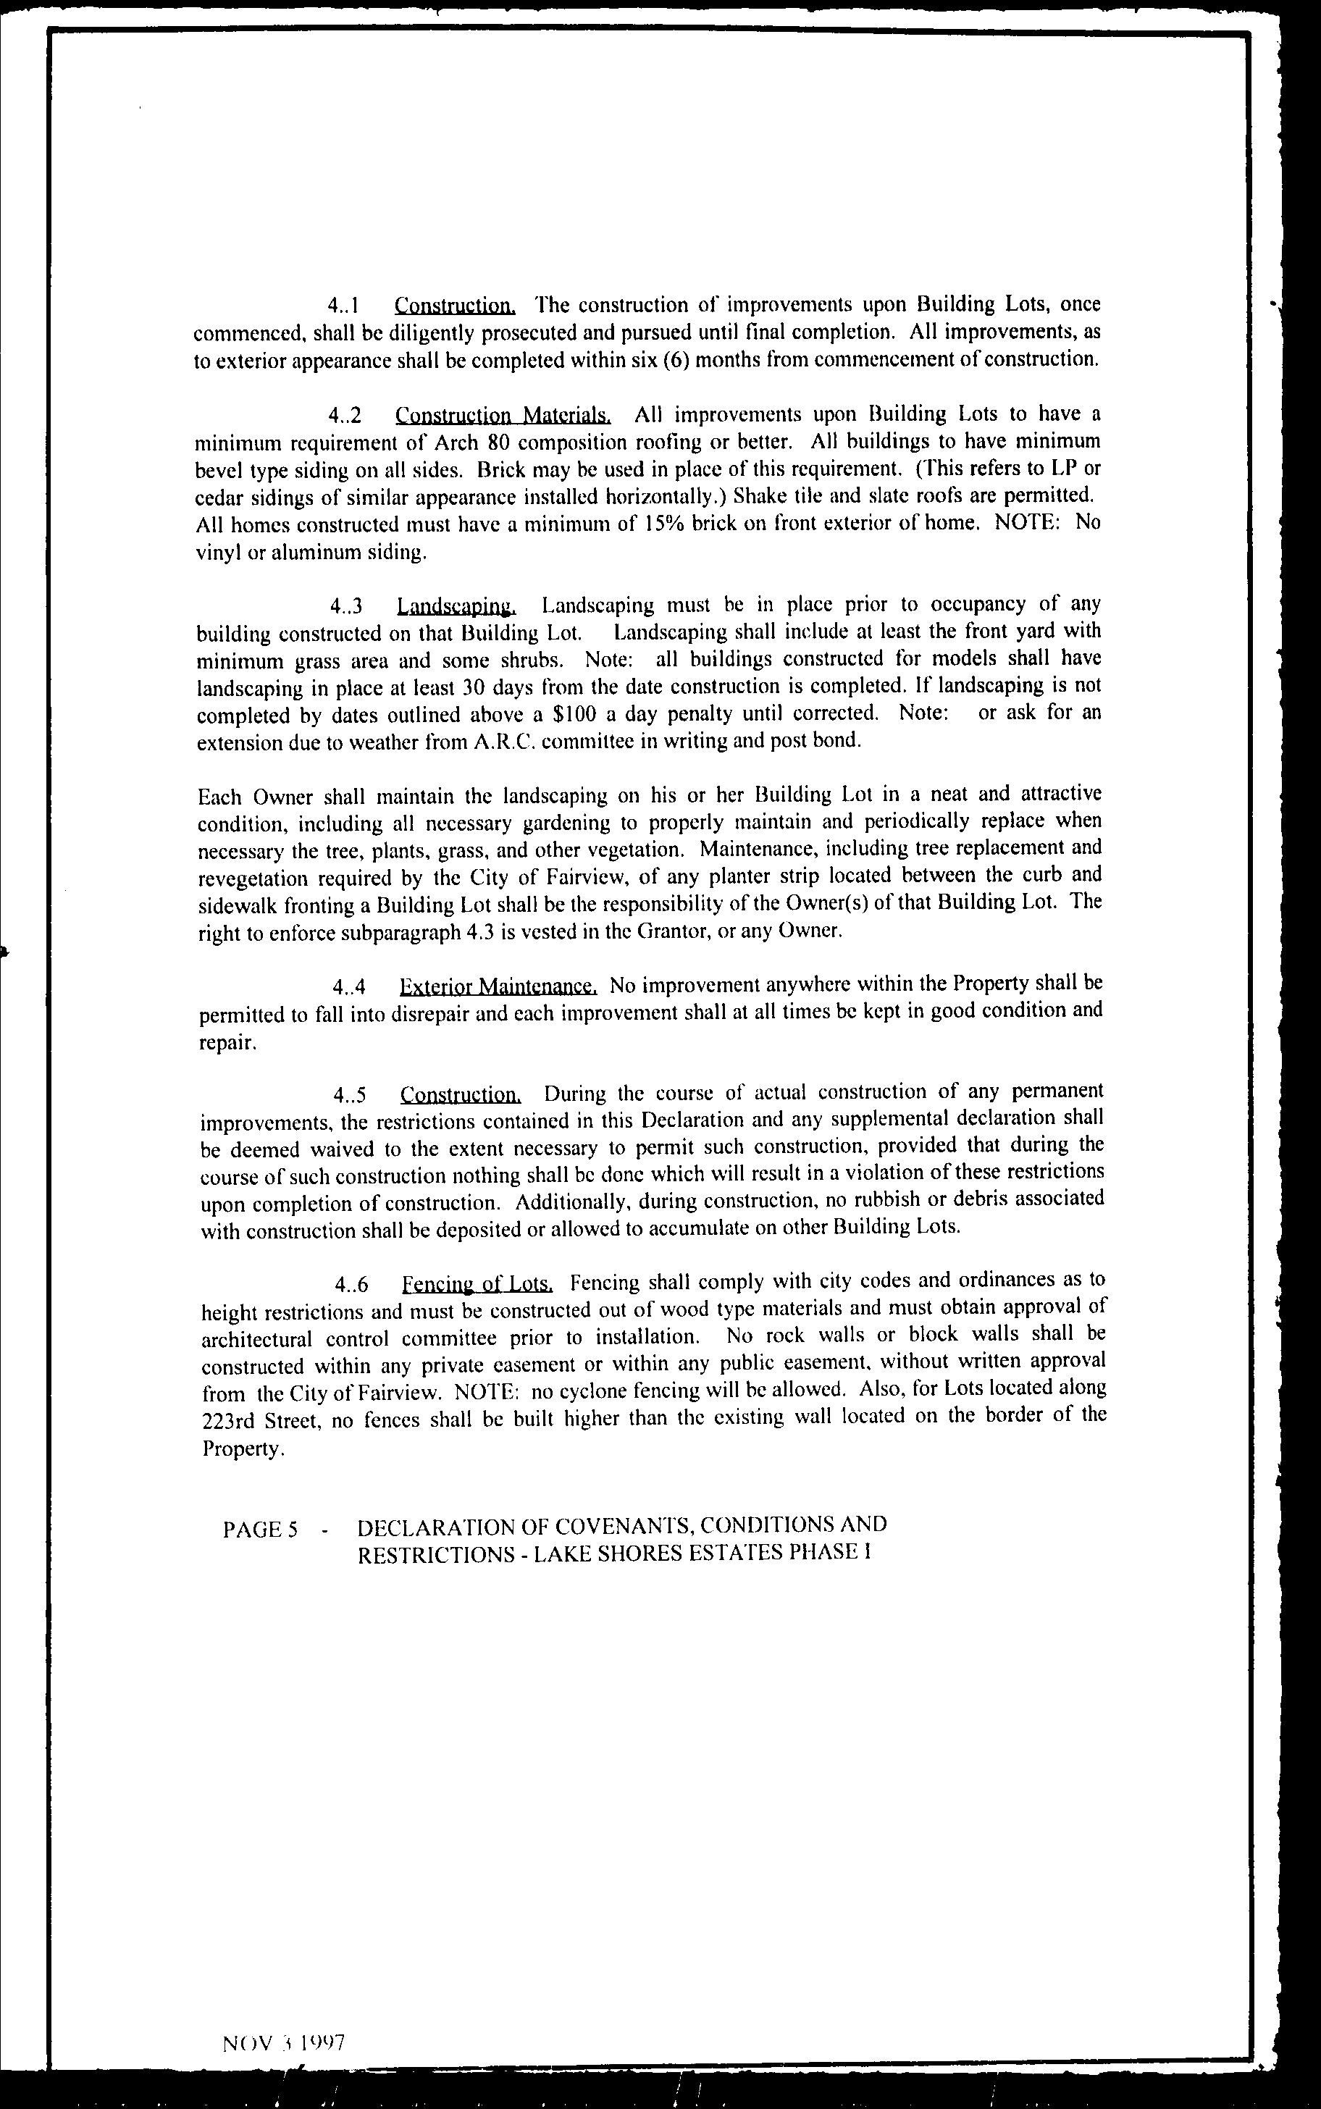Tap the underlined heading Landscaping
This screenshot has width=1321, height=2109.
456,605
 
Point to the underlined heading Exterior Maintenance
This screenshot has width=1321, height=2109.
498,986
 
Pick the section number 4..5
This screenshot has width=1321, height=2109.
350,1094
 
